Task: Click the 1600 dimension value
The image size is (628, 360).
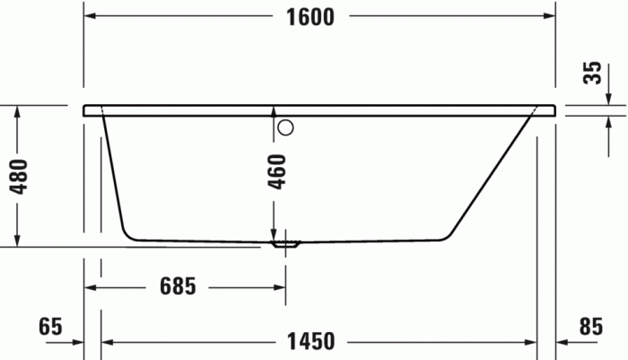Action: tap(310, 17)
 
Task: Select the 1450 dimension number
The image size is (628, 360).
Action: tap(310, 342)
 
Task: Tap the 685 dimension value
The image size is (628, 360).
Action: tap(177, 287)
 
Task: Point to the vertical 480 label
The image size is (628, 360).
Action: tap(19, 177)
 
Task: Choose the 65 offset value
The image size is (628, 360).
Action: tap(51, 327)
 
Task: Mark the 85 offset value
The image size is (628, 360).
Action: tap(589, 327)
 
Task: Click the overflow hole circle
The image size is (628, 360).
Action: tap(285, 127)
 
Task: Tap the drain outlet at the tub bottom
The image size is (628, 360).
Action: tap(286, 242)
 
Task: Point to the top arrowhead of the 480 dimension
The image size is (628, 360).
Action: tap(16, 110)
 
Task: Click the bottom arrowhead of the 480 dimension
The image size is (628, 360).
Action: tap(16, 241)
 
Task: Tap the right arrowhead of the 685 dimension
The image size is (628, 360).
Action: tap(280, 287)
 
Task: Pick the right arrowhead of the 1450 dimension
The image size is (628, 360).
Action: tap(530, 342)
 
